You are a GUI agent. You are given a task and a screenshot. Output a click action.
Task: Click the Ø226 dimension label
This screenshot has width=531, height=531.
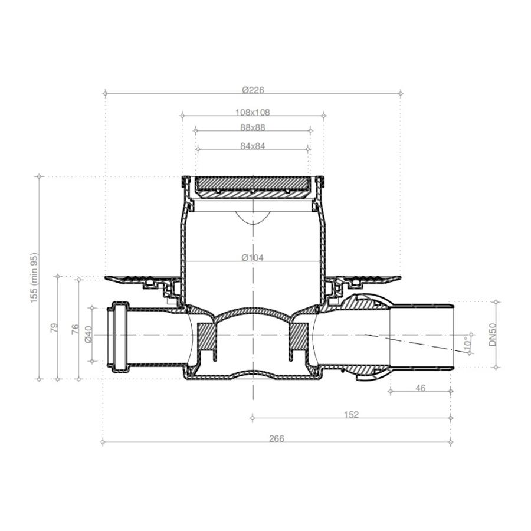click(x=253, y=90)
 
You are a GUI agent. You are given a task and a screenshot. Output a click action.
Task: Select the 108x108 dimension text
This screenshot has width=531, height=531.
click(x=253, y=113)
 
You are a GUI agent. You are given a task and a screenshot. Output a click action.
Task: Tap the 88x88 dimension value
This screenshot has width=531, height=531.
click(x=253, y=127)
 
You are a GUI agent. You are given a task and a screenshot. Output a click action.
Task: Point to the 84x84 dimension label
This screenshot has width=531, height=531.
click(x=253, y=146)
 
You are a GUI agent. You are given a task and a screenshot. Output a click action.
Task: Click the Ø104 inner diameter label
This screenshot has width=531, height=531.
click(x=253, y=258)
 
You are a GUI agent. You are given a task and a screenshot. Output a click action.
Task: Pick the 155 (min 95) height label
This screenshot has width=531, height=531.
click(x=35, y=278)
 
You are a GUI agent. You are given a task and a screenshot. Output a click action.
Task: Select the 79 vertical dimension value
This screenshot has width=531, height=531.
click(x=54, y=328)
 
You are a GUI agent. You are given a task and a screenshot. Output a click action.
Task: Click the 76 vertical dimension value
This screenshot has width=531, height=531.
click(x=75, y=329)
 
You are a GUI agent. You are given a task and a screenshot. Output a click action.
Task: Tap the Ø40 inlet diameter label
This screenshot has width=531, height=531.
click(x=88, y=335)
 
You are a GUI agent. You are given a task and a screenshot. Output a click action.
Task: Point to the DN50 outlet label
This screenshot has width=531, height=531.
click(x=493, y=335)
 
